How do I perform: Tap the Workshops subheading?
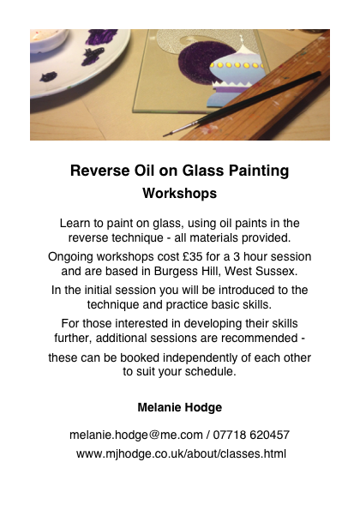tap(179, 193)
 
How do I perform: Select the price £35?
tap(193, 256)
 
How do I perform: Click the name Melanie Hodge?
tap(179, 407)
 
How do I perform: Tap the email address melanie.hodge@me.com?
tap(136, 435)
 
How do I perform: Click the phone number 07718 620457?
tap(251, 435)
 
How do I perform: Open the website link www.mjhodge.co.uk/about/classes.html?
tap(181, 453)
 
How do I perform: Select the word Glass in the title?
tap(203, 171)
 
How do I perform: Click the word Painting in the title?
tap(259, 171)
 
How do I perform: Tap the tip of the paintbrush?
tap(165, 135)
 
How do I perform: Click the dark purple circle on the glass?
tap(204, 63)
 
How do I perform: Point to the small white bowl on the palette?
tap(49, 39)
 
